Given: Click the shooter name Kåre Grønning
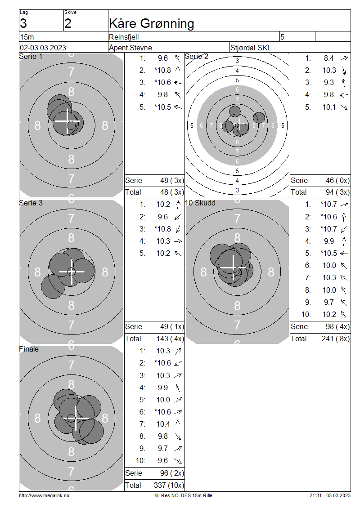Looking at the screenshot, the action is pos(152,24).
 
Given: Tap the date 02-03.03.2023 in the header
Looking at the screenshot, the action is pos(43,48).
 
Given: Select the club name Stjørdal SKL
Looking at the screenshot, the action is pos(250,48).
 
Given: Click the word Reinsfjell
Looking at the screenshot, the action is pos(124,37).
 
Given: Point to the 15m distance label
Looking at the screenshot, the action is pos(27,37).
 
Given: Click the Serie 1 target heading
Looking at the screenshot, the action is pos(31,56).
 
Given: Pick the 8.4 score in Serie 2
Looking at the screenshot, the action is pos(328,58).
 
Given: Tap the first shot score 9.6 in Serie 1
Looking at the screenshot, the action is pos(163,58).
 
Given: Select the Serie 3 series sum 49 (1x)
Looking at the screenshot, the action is pos(172,326).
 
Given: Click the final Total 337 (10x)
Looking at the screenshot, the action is pos(169,485).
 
